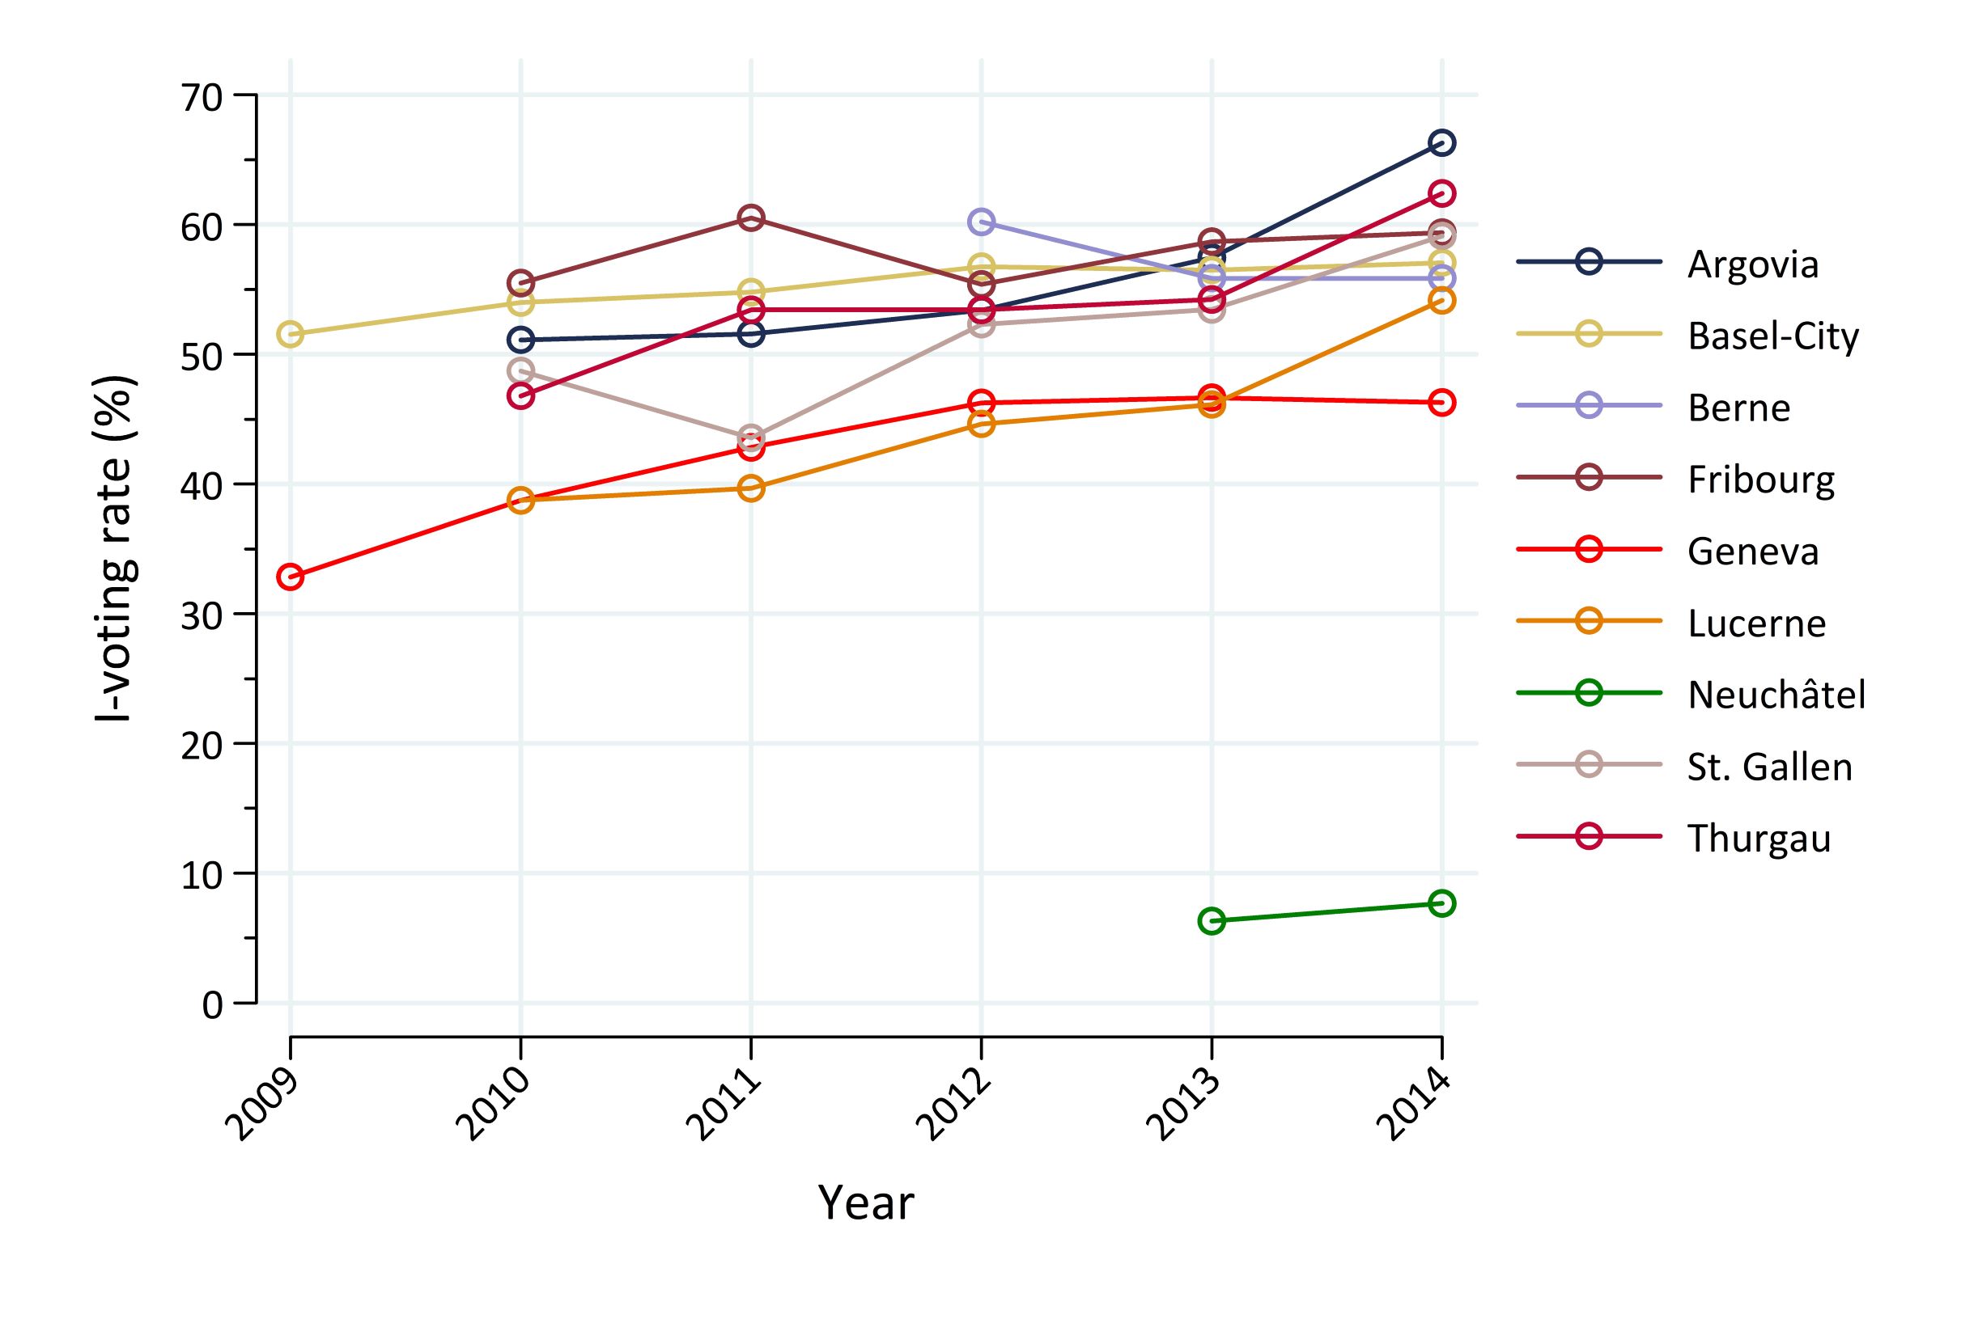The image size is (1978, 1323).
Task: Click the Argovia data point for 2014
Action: coord(1441,142)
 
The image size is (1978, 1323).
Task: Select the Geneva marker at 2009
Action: coord(291,577)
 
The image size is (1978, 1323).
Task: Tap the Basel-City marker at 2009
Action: coord(291,334)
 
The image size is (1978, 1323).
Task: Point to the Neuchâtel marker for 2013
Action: coord(1212,920)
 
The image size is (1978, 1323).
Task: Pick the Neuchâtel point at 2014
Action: coord(1441,903)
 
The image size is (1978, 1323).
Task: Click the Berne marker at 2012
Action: coord(981,222)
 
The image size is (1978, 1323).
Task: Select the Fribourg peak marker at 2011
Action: coord(750,218)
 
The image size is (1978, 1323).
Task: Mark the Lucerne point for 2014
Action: coord(1441,300)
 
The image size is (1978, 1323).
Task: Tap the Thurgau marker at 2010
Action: coord(521,395)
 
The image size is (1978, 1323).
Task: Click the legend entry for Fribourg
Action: coord(1760,480)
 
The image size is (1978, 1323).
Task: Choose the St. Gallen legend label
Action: coord(1769,767)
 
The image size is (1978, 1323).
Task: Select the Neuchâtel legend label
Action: coord(1776,695)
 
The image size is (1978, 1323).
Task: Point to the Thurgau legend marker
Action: coord(1589,837)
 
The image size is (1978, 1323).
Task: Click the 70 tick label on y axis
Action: coord(201,98)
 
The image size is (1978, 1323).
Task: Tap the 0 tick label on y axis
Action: coord(212,1005)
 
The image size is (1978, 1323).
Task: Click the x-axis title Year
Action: coord(865,1203)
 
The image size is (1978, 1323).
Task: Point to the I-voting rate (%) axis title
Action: coord(115,548)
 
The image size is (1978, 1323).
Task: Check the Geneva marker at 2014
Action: coord(1441,403)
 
